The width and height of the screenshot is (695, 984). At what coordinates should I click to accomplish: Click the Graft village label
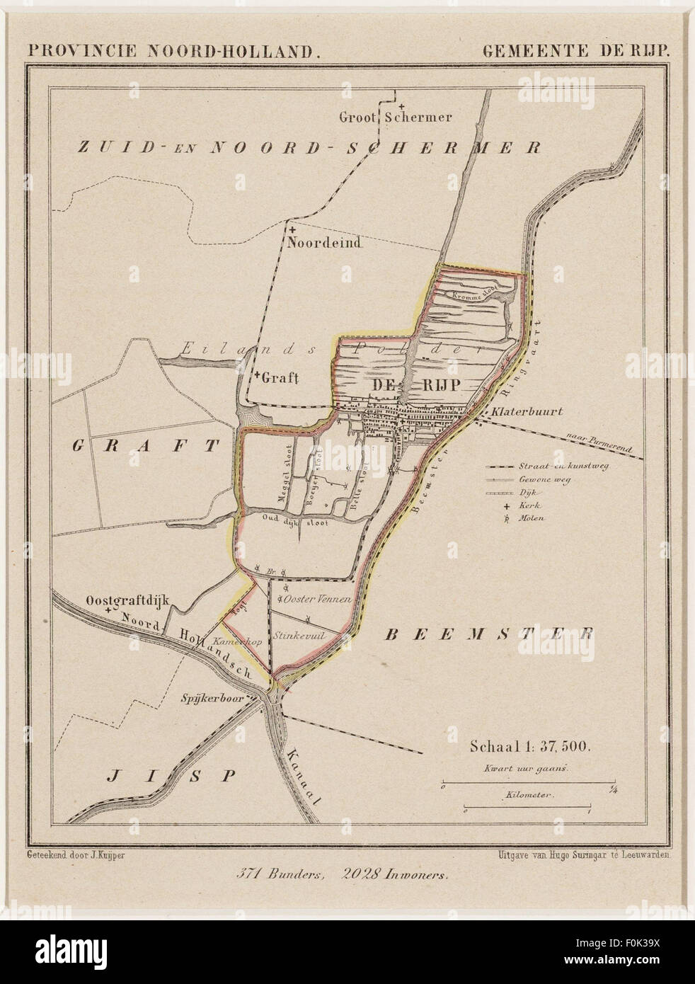[x=280, y=377]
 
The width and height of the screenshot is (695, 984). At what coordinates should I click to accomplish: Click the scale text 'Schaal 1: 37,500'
[x=525, y=746]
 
